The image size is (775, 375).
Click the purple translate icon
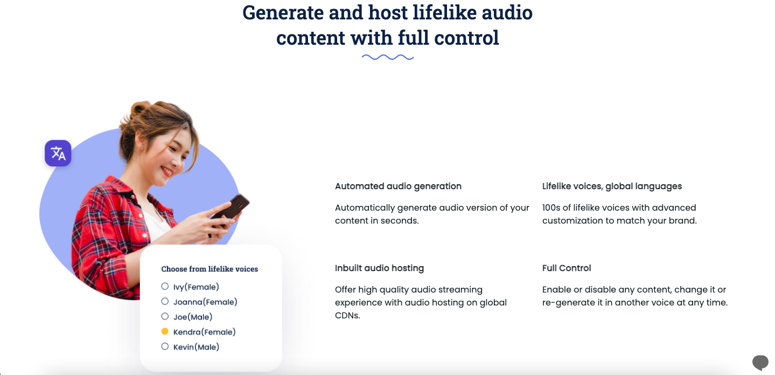click(58, 154)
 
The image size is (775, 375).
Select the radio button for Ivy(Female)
click(165, 286)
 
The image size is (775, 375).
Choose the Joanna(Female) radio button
click(165, 301)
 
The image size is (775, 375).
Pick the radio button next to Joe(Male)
click(165, 316)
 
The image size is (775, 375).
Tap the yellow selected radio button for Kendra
click(165, 331)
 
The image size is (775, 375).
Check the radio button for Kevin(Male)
click(165, 346)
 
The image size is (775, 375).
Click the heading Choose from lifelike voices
click(210, 269)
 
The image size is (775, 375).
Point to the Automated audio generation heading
click(398, 186)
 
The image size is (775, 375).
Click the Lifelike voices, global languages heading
click(612, 186)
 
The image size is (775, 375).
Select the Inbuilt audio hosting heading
click(379, 268)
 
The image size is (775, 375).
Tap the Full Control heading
click(567, 268)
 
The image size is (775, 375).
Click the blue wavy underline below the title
click(387, 57)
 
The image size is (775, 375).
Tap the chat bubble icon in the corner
click(760, 362)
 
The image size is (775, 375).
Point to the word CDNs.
click(347, 316)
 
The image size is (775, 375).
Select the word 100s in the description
click(553, 208)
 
